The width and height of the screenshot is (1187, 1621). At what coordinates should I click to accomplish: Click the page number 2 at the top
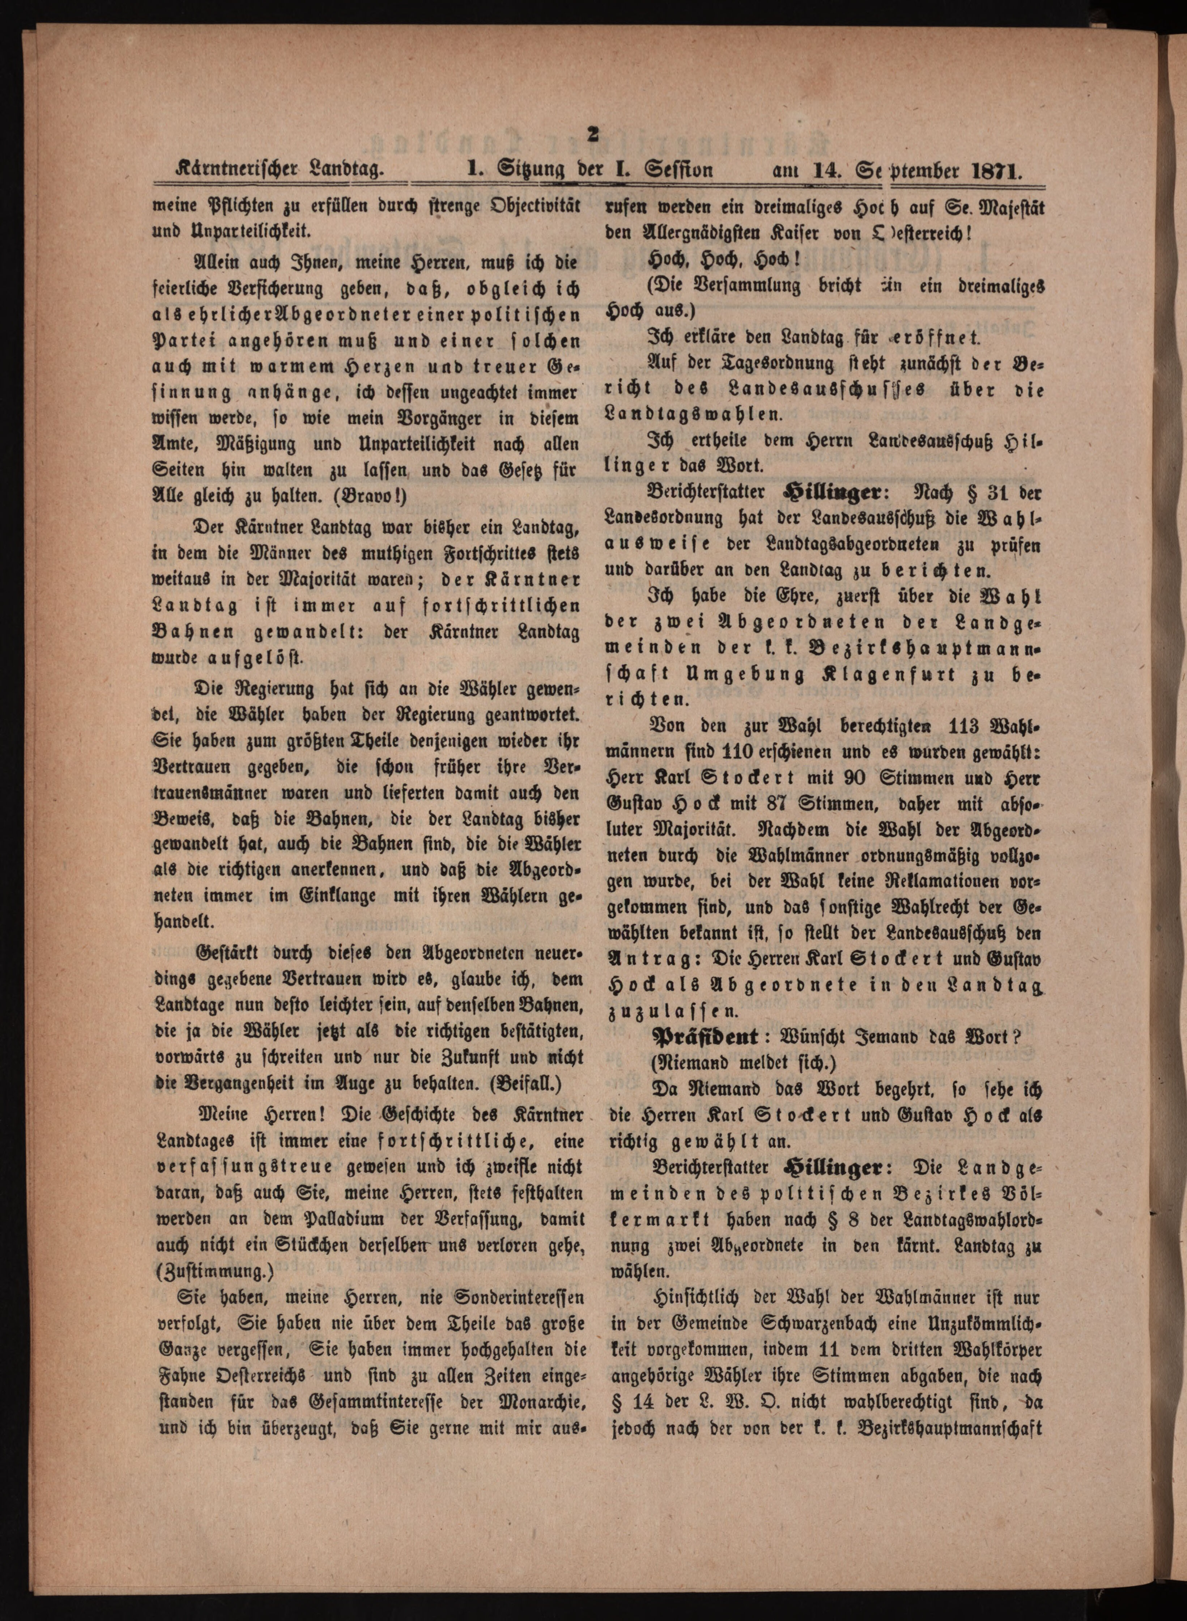(593, 136)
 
